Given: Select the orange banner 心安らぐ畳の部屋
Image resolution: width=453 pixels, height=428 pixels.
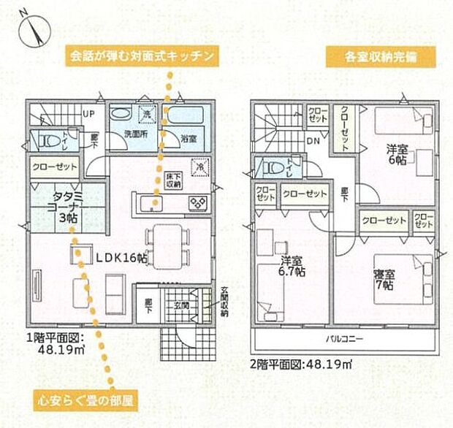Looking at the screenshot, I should pyautogui.click(x=84, y=400).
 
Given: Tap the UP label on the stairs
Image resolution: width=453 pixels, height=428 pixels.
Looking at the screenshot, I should pyautogui.click(x=88, y=114).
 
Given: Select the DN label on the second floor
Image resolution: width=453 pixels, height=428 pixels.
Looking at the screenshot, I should pyautogui.click(x=313, y=141).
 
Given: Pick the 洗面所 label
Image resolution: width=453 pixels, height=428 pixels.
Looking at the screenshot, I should pyautogui.click(x=116, y=135).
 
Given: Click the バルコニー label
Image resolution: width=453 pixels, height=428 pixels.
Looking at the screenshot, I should pyautogui.click(x=341, y=340).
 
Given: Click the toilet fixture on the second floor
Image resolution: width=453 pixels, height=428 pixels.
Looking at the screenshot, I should pyautogui.click(x=271, y=166).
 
